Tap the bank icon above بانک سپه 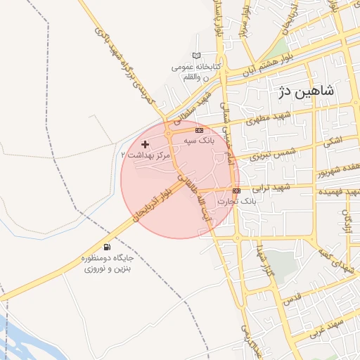tap(200, 130)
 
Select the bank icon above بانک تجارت tap(236, 191)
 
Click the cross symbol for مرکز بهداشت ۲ tap(146, 144)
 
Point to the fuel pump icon tap(107, 247)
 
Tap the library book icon tap(196, 56)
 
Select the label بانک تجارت tap(233, 201)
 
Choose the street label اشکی tap(333, 141)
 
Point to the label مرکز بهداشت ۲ tap(146, 154)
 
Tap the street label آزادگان tap(347, 219)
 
